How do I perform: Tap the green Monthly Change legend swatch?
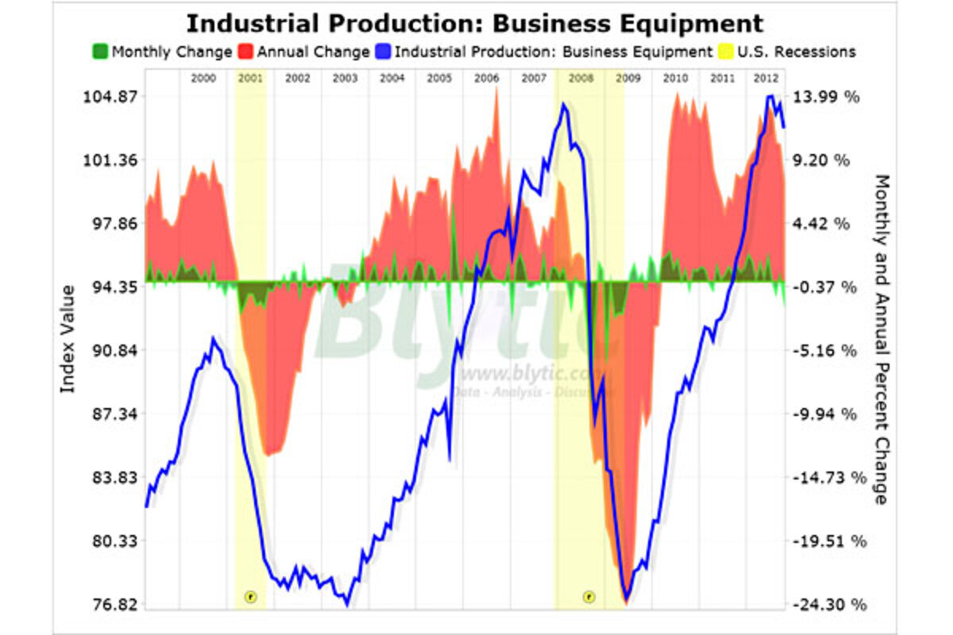click(101, 52)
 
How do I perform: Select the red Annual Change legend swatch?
click(246, 52)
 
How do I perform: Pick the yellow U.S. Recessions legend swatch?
click(723, 52)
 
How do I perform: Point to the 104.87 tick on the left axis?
click(110, 97)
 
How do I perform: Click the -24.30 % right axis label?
click(828, 605)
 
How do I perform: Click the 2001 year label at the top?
click(251, 79)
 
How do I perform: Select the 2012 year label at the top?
click(766, 79)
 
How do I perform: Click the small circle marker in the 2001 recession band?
click(250, 595)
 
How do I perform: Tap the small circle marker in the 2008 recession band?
click(588, 595)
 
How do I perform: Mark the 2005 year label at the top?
click(439, 79)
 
